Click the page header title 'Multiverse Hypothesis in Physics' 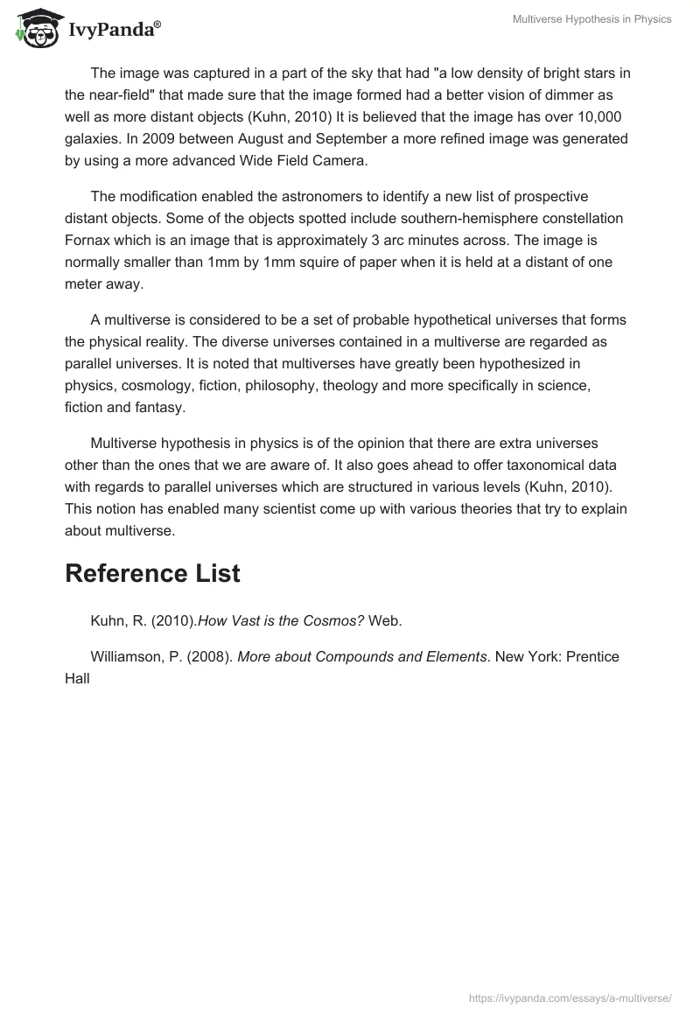[591, 19]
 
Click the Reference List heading [152, 574]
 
